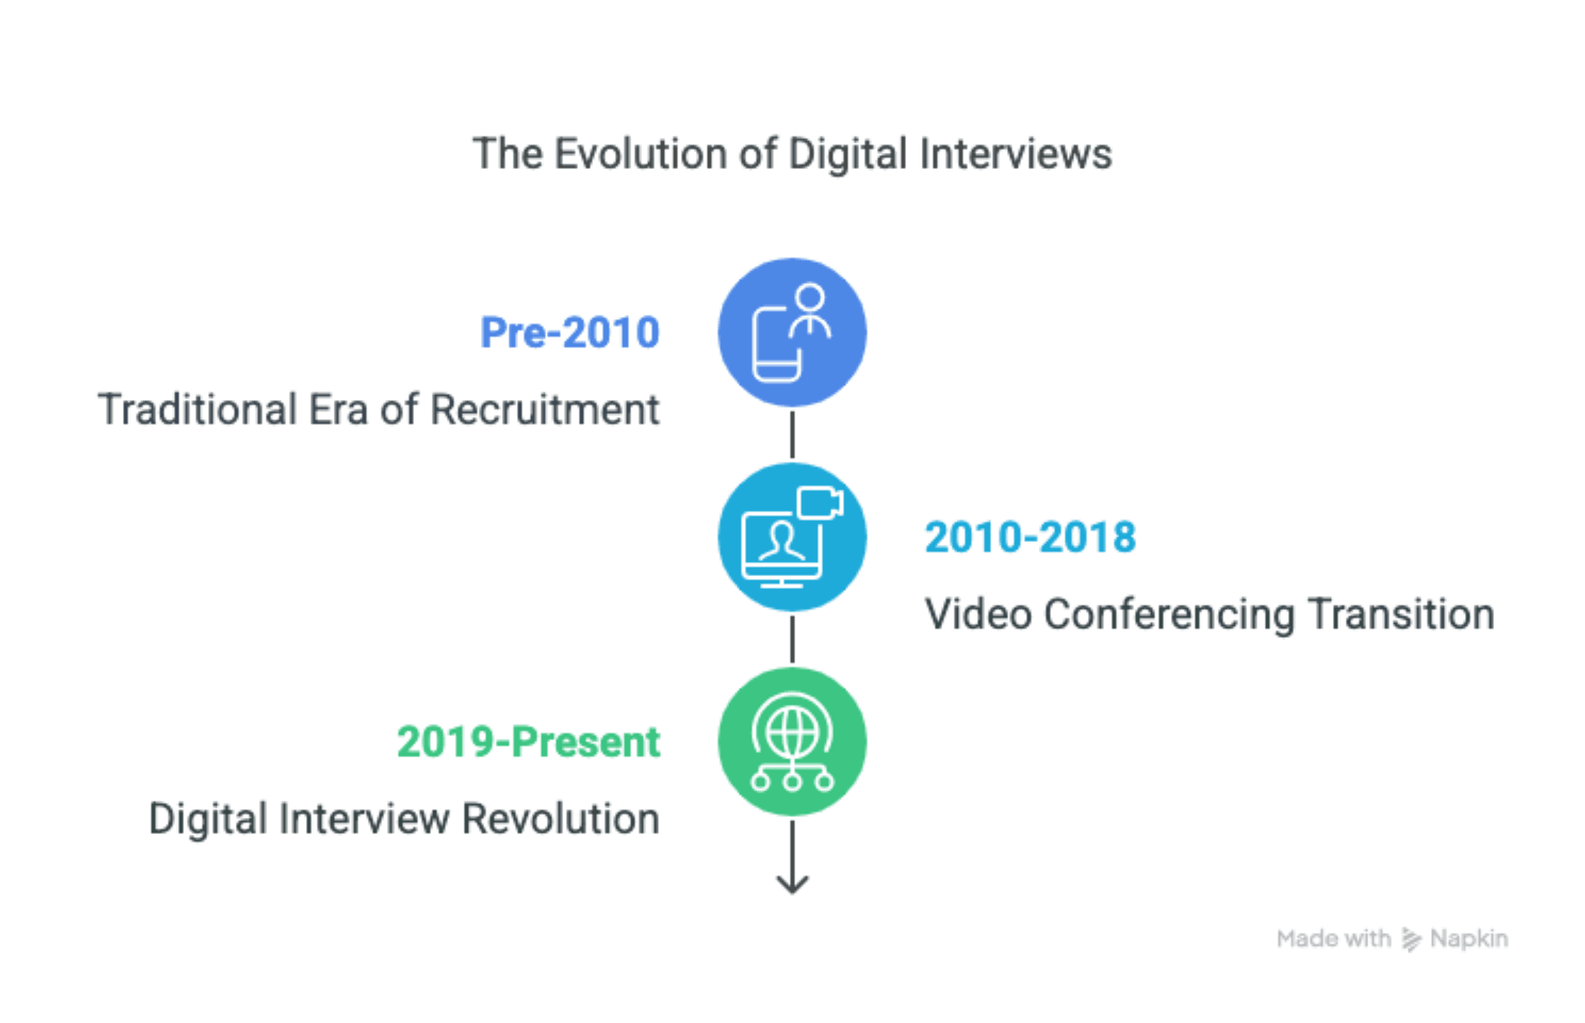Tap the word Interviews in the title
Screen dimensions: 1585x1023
tap(1015, 153)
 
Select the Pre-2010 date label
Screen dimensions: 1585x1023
tap(570, 332)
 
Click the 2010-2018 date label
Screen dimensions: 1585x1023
tap(1030, 537)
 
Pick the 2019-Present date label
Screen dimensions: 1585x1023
tap(529, 742)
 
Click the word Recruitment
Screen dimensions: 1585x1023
tap(545, 409)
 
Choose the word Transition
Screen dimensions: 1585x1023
tap(1401, 614)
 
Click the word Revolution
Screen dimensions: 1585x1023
tap(561, 818)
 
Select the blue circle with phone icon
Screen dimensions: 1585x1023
tap(792, 332)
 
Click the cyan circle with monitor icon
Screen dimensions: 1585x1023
tap(792, 537)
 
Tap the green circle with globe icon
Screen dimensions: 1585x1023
tap(792, 742)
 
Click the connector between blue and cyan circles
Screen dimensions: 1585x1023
tap(792, 435)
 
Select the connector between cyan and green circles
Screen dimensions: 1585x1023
tap(792, 639)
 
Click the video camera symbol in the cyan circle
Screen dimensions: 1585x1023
tap(820, 503)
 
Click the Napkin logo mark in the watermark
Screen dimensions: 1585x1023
tap(1411, 939)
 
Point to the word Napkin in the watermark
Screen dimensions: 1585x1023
tap(1469, 939)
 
